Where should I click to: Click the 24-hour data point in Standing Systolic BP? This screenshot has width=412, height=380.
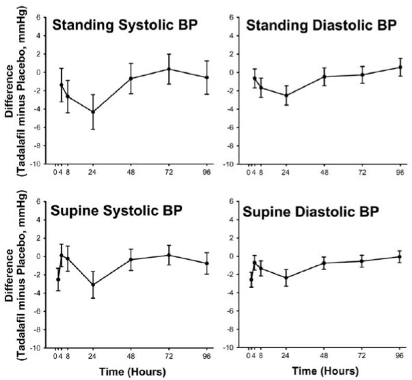click(x=93, y=112)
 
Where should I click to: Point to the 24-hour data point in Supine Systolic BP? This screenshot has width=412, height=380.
click(x=93, y=285)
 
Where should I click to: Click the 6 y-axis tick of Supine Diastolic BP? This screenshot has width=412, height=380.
click(x=238, y=201)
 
